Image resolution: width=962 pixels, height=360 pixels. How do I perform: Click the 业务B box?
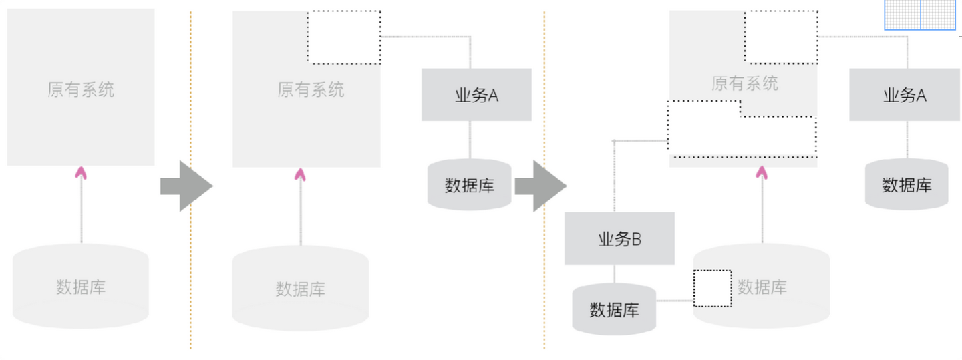coord(619,239)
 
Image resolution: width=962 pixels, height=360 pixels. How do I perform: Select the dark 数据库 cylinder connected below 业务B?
coord(614,309)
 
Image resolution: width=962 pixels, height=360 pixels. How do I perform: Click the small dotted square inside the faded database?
coord(712,288)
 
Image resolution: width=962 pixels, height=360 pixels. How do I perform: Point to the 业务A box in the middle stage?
coord(476,95)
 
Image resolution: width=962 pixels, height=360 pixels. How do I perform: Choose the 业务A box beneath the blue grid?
coord(904,95)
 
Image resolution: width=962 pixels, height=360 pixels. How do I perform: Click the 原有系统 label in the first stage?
coord(81,89)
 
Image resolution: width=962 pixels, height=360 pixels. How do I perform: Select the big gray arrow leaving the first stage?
coord(186,186)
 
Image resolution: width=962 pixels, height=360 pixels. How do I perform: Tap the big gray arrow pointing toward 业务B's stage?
coord(540,186)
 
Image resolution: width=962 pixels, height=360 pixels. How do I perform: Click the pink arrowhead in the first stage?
coord(81,172)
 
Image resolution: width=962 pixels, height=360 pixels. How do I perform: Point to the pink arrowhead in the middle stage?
coord(301,174)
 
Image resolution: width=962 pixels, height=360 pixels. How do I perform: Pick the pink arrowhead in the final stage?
coord(761,173)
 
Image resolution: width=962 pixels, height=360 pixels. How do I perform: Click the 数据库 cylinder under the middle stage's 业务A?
coord(469,185)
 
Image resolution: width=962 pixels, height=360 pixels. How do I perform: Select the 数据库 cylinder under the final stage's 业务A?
coord(907,184)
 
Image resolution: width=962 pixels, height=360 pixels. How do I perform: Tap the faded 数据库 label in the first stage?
coord(81,287)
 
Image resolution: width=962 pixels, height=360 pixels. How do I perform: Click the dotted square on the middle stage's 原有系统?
coord(344,37)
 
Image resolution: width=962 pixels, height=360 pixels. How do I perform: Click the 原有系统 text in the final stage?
coord(745,83)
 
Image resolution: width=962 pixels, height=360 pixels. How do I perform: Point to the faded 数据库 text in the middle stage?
coord(300,289)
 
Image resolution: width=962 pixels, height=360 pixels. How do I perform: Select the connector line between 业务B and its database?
coord(615,273)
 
